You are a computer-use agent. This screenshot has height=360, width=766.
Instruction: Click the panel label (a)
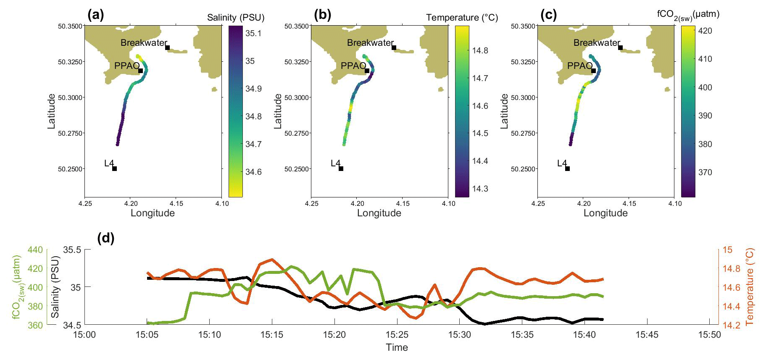coord(95,15)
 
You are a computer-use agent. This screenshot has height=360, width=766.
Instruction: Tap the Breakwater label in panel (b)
coord(370,43)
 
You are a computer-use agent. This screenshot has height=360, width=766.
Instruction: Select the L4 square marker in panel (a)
coord(114,169)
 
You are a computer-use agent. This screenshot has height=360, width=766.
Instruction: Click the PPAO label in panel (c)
coord(579,66)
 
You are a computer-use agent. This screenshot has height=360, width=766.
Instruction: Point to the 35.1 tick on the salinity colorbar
coord(253,34)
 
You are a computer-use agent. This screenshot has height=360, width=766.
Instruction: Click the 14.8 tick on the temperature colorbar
coord(480,50)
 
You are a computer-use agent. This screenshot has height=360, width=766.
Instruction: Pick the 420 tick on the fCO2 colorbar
coord(705,31)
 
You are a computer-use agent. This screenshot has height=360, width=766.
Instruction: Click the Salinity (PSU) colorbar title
coord(235,18)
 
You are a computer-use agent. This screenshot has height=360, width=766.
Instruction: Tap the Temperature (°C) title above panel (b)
coord(462,18)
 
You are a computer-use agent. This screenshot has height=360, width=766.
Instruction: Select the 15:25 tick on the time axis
coord(397,335)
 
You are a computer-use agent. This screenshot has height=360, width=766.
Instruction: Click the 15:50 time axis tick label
coord(709,335)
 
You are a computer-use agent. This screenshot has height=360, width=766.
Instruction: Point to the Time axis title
coord(397,347)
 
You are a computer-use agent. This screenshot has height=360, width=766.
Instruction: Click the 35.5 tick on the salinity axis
coord(72,250)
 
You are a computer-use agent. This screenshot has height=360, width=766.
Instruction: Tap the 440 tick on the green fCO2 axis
coord(35,250)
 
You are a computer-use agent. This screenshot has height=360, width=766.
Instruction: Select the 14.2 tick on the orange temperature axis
coord(731,325)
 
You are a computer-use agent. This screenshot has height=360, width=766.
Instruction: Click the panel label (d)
coord(105,238)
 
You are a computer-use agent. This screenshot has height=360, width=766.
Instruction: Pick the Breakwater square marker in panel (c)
coord(620,47)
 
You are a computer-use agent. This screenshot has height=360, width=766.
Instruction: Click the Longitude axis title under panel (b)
coord(379,213)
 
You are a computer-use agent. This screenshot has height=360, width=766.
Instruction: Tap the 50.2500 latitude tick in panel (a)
coord(70,169)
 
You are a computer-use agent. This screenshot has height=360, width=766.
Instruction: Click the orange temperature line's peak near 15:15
coord(272,260)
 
